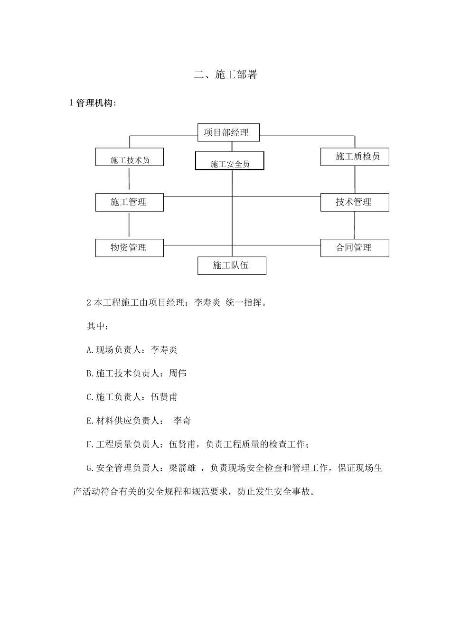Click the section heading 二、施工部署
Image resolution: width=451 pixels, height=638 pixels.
point(226,75)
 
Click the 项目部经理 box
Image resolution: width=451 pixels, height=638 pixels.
point(228,132)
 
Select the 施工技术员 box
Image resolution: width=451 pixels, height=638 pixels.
point(130,157)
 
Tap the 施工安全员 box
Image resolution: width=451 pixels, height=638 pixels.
point(230,161)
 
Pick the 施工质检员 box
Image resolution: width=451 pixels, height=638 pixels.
point(355,157)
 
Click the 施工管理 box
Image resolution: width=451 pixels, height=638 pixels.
point(130,202)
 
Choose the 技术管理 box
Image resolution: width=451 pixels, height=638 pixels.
point(355,202)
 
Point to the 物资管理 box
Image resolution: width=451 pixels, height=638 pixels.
point(130,248)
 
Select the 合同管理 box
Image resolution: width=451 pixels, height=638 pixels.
point(355,248)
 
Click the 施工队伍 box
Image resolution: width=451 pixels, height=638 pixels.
point(232,265)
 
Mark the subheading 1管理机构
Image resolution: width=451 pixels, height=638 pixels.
point(93,103)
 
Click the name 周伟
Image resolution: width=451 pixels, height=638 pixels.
point(178,374)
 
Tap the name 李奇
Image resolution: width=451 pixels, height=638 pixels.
point(182,421)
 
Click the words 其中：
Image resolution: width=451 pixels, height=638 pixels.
point(98,327)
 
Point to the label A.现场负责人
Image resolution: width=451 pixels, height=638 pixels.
point(114,350)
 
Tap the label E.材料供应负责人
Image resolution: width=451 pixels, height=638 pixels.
point(123,421)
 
